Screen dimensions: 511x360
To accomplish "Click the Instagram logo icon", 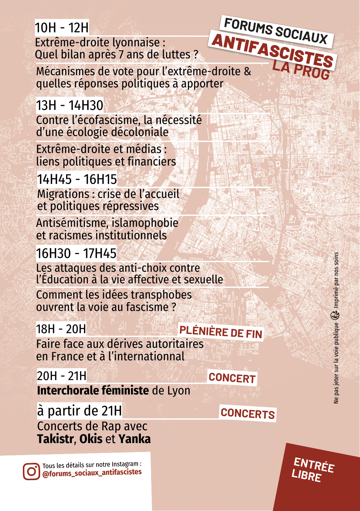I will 31,471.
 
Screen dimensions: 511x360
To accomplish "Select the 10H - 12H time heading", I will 61,28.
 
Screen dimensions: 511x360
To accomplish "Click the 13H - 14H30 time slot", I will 70,105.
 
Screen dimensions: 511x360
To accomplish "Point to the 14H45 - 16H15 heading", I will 77,179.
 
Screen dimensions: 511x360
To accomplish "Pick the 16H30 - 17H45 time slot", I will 76,253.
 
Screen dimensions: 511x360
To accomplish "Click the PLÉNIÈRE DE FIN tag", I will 221,332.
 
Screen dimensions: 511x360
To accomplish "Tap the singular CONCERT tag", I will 232,378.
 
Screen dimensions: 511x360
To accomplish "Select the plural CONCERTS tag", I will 248,413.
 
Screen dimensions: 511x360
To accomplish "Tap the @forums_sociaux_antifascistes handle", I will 92,473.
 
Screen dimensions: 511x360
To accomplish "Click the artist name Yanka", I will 134,439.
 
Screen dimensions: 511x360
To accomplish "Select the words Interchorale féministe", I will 93,391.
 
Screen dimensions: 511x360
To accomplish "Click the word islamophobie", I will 145,223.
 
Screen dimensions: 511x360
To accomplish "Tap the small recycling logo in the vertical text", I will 335,316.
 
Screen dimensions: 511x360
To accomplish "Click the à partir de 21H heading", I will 79,411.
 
